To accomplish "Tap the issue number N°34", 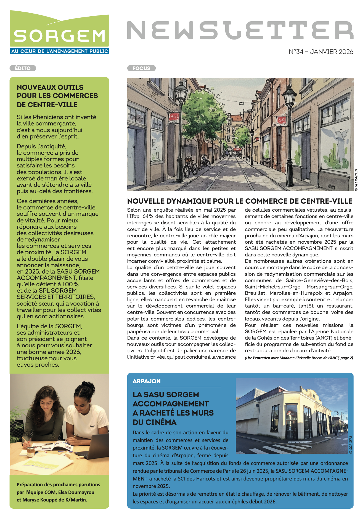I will [296, 52].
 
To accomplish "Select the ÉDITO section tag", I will [23, 68].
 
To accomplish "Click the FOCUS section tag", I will [141, 68].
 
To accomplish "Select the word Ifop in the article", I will [133, 216].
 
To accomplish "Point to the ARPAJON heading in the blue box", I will [147, 381].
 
